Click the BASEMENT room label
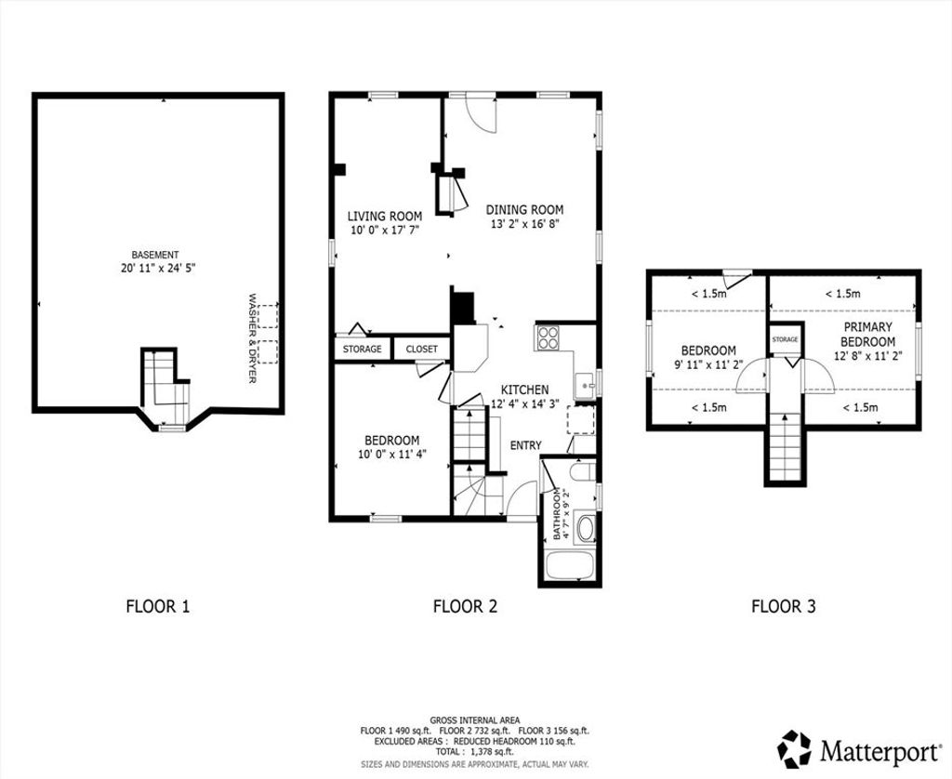[x=155, y=255]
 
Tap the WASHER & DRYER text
[x=253, y=338]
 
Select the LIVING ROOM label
[x=384, y=217]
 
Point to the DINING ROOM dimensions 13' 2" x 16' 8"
[x=524, y=223]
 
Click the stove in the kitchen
[x=548, y=337]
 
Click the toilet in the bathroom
[x=583, y=472]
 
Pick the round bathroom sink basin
[x=586, y=529]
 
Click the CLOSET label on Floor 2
[x=421, y=350]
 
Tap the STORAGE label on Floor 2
[x=363, y=350]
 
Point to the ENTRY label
[x=526, y=445]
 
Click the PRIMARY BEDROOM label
[x=867, y=335]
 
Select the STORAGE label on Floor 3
[x=785, y=339]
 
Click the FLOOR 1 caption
[x=158, y=606]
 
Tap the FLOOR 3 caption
[x=784, y=606]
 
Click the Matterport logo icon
[x=795, y=749]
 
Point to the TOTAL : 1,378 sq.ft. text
[x=474, y=752]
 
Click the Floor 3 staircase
[x=785, y=446]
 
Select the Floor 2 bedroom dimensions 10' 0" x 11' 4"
[x=392, y=453]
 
